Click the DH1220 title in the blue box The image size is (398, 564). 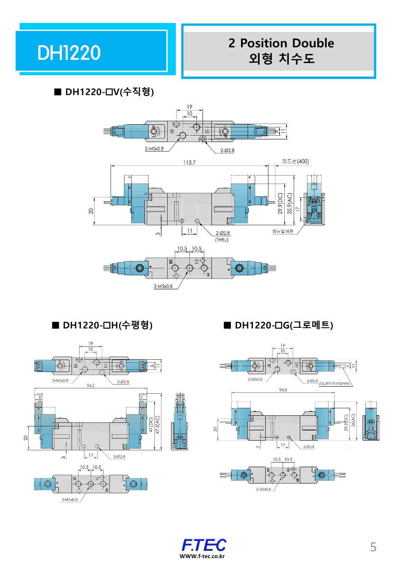point(69,53)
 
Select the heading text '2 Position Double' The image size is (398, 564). point(281,43)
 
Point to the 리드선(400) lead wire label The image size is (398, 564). point(295,161)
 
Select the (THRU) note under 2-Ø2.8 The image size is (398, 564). point(222,239)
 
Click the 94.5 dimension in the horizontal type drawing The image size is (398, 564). point(90,386)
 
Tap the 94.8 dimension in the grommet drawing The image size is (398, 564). point(283,390)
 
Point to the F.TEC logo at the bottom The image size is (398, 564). point(204,545)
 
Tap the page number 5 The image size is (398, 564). point(373,547)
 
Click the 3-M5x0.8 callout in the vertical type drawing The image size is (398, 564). point(163,286)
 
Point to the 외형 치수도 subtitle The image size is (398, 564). point(282,58)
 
